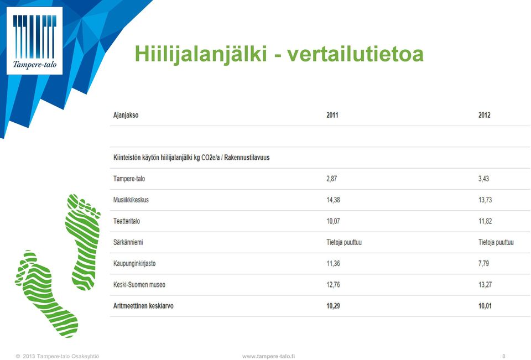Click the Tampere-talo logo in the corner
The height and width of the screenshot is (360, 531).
34,40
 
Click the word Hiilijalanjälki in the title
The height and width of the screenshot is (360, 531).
200,54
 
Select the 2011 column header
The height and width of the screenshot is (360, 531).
332,115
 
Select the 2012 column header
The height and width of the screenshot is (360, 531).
485,115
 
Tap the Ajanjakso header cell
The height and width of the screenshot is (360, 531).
126,116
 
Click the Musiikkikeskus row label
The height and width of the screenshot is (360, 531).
131,200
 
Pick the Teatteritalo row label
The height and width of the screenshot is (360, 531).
127,221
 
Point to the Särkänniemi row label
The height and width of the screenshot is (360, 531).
128,242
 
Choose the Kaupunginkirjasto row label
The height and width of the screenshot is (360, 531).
134,264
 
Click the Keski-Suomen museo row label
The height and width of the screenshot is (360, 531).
139,285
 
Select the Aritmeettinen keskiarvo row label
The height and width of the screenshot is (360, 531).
143,306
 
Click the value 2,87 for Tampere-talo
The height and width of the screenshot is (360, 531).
331,179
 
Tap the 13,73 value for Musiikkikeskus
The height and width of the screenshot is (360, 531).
485,200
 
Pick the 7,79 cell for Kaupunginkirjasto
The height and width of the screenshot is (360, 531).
483,263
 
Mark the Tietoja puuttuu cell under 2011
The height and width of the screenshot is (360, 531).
344,242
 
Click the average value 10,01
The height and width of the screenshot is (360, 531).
485,306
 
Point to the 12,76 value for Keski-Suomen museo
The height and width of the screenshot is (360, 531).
333,285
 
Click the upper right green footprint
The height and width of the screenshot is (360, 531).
83,242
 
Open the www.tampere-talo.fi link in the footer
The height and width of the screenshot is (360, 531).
269,356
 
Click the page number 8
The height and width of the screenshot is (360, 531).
504,356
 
